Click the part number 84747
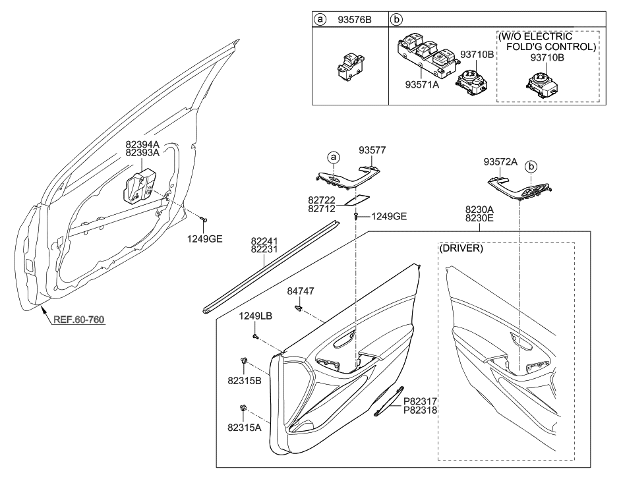(x=299, y=290)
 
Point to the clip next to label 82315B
(x=245, y=361)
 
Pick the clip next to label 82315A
(x=245, y=410)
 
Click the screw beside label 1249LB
(x=254, y=337)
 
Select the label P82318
(x=420, y=409)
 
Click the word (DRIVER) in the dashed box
(x=462, y=248)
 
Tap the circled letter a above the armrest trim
(x=334, y=157)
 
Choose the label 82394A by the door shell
(x=142, y=144)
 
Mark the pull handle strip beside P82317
(x=388, y=401)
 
